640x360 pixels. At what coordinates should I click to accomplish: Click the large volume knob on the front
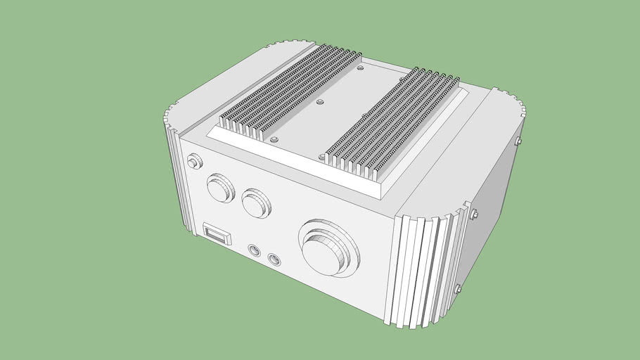328,249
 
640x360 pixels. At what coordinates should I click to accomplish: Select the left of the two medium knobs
220,188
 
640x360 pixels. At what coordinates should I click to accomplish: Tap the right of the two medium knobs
256,203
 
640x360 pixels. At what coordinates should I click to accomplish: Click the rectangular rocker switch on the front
217,233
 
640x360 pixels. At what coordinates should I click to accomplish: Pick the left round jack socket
254,250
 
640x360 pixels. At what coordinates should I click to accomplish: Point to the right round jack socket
274,259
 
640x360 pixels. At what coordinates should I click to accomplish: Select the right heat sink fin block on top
394,120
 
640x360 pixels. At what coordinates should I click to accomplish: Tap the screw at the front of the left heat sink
274,141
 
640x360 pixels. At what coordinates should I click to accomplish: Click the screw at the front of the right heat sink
321,157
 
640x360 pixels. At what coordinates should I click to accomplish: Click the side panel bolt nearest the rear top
518,141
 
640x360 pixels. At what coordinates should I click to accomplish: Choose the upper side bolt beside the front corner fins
473,212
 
